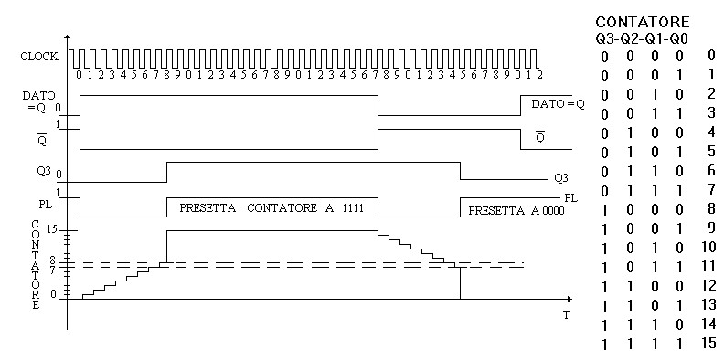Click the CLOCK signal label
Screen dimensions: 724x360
pyautogui.click(x=39, y=57)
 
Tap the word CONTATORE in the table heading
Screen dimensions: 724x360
pyautogui.click(x=643, y=22)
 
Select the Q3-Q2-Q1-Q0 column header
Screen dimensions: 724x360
pyautogui.click(x=642, y=39)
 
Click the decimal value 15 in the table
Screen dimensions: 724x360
pyautogui.click(x=708, y=343)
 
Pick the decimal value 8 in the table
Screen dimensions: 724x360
pyautogui.click(x=711, y=208)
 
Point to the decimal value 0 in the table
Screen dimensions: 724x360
pyautogui.click(x=711, y=56)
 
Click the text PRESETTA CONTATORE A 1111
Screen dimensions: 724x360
pyautogui.click(x=271, y=208)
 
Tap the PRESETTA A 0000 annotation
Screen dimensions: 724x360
pyautogui.click(x=516, y=211)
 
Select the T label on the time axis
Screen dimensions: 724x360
pyautogui.click(x=566, y=315)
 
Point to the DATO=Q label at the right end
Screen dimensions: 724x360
pyautogui.click(x=558, y=104)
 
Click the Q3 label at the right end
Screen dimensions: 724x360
pyautogui.click(x=561, y=178)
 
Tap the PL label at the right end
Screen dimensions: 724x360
pyautogui.click(x=571, y=198)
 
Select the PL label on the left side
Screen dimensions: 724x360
pyautogui.click(x=46, y=204)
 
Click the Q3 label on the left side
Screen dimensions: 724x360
pyautogui.click(x=44, y=170)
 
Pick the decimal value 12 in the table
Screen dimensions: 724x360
pyautogui.click(x=708, y=286)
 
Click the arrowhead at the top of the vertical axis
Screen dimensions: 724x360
pyautogui.click(x=68, y=37)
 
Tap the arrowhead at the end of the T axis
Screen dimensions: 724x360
pyautogui.click(x=570, y=299)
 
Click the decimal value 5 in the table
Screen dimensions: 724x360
pyautogui.click(x=711, y=151)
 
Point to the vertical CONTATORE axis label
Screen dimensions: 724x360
pyautogui.click(x=36, y=264)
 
